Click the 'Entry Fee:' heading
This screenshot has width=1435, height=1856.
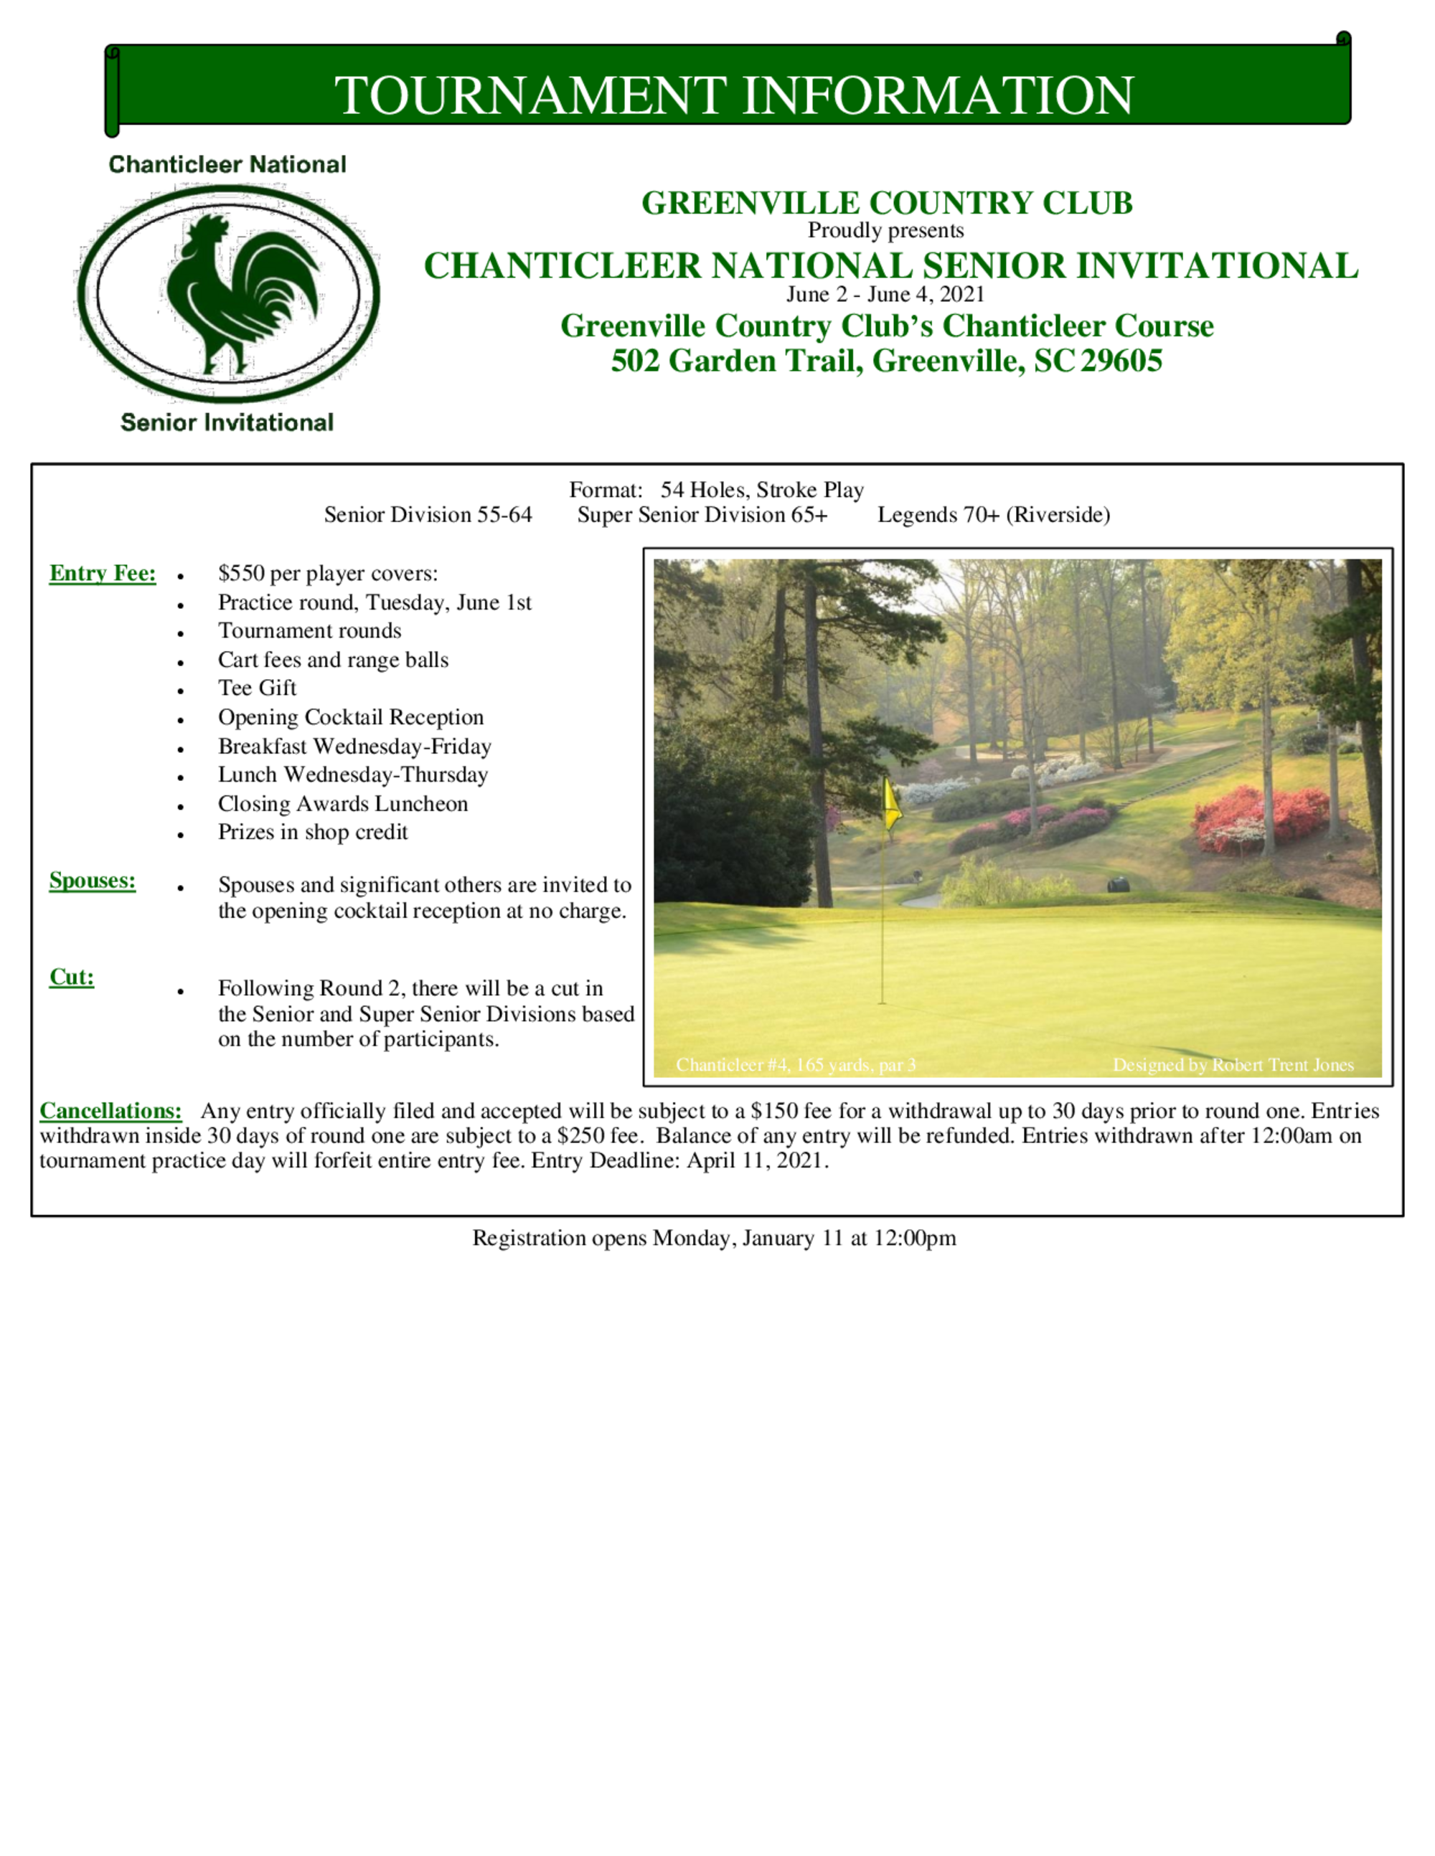tap(103, 574)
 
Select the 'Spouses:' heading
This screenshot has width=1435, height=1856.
tap(93, 881)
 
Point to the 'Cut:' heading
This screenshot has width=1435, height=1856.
tap(72, 977)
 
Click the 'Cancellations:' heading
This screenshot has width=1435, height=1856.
tap(111, 1111)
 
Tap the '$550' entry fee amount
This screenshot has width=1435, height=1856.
tap(241, 574)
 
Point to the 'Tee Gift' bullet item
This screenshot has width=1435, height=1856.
tap(258, 688)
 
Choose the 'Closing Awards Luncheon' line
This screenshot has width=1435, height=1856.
tap(342, 804)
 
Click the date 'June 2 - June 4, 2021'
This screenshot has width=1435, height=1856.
tap(885, 295)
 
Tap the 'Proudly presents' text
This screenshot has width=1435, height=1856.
tap(885, 230)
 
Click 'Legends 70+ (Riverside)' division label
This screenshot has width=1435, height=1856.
tap(994, 515)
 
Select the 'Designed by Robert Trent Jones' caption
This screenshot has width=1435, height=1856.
tap(1233, 1065)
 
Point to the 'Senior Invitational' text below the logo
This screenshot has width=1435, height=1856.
tap(227, 422)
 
